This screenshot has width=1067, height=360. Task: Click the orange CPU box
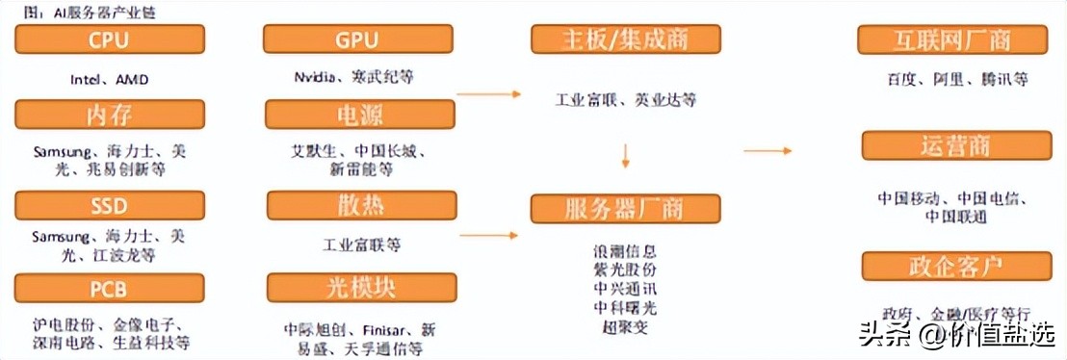[x=110, y=39]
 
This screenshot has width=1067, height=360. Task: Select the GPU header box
[x=358, y=39]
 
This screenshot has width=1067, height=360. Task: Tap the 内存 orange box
[x=110, y=115]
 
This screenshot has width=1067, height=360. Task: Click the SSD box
[x=110, y=205]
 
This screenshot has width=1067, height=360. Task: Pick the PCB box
[x=110, y=288]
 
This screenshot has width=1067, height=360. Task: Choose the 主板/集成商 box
[x=625, y=39]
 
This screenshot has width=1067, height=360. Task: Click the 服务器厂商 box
[x=625, y=208]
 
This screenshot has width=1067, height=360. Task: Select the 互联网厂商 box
[x=951, y=39]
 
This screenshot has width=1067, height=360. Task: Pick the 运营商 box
[x=951, y=146]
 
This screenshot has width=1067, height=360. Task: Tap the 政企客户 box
[x=951, y=266]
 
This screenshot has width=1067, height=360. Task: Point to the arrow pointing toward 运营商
[x=768, y=151]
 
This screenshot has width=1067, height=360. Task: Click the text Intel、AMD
[x=110, y=79]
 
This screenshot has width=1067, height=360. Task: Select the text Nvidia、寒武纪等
[x=359, y=77]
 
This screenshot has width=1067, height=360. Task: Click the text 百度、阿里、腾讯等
[x=951, y=79]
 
